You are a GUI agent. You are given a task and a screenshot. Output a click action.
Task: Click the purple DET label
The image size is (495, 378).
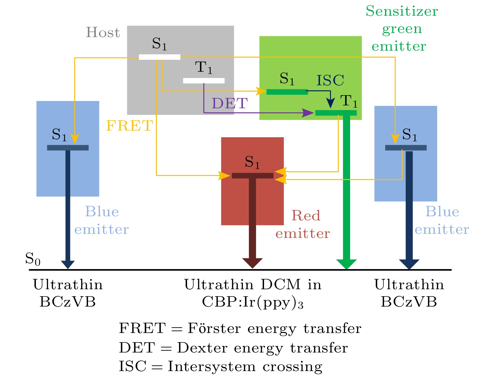[229, 103]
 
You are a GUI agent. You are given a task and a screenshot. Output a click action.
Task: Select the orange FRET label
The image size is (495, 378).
[129, 126]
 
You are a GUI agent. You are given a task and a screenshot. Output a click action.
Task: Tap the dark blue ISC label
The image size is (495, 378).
[330, 80]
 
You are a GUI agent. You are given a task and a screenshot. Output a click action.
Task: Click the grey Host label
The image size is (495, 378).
[103, 32]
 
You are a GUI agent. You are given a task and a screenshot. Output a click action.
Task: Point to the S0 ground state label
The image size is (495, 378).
[33, 259]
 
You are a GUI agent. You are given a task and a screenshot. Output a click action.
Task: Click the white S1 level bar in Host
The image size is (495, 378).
[160, 57]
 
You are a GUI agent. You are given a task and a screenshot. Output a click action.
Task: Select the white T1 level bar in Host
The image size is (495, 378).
[204, 81]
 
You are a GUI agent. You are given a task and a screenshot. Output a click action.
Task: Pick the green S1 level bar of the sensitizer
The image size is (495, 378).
[287, 92]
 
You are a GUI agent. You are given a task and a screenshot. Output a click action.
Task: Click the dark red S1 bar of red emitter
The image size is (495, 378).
[252, 176]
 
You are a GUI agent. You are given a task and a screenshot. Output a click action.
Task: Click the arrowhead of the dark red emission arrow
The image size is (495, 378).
[252, 263]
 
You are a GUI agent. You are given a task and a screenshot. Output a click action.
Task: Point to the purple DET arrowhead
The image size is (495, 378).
[308, 113]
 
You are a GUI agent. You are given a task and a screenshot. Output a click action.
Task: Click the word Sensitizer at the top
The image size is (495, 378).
[402, 11]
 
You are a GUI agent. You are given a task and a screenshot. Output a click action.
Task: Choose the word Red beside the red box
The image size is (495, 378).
[305, 216]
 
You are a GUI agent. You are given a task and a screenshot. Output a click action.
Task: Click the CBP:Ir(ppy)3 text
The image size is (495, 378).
[252, 302]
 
